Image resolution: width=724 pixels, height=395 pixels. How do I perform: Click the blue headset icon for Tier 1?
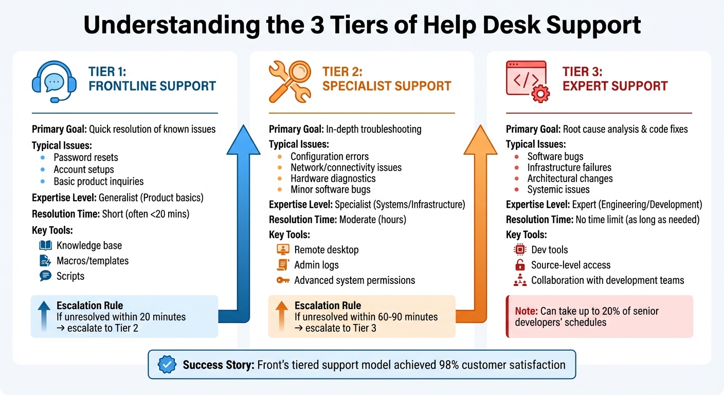[54, 83]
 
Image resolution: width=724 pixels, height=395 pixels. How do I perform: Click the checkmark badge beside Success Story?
[166, 365]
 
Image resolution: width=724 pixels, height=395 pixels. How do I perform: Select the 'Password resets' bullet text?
[85, 157]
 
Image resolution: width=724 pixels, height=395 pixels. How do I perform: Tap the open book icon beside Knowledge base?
[45, 245]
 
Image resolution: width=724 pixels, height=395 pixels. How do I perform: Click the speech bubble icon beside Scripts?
[45, 276]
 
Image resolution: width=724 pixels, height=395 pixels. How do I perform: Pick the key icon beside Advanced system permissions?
[283, 280]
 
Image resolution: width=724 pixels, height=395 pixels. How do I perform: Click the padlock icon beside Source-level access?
[520, 265]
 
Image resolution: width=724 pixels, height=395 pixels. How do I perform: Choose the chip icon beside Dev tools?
[520, 249]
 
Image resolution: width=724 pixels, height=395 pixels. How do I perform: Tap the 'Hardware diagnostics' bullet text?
[333, 178]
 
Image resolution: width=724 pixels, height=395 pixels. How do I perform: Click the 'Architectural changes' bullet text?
[570, 178]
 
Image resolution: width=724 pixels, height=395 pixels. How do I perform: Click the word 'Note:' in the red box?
[527, 311]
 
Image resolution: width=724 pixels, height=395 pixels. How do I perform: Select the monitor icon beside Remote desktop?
[283, 249]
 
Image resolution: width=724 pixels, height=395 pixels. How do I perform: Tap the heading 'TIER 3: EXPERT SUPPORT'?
[614, 79]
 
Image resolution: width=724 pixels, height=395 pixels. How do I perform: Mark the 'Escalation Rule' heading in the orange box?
[328, 306]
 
